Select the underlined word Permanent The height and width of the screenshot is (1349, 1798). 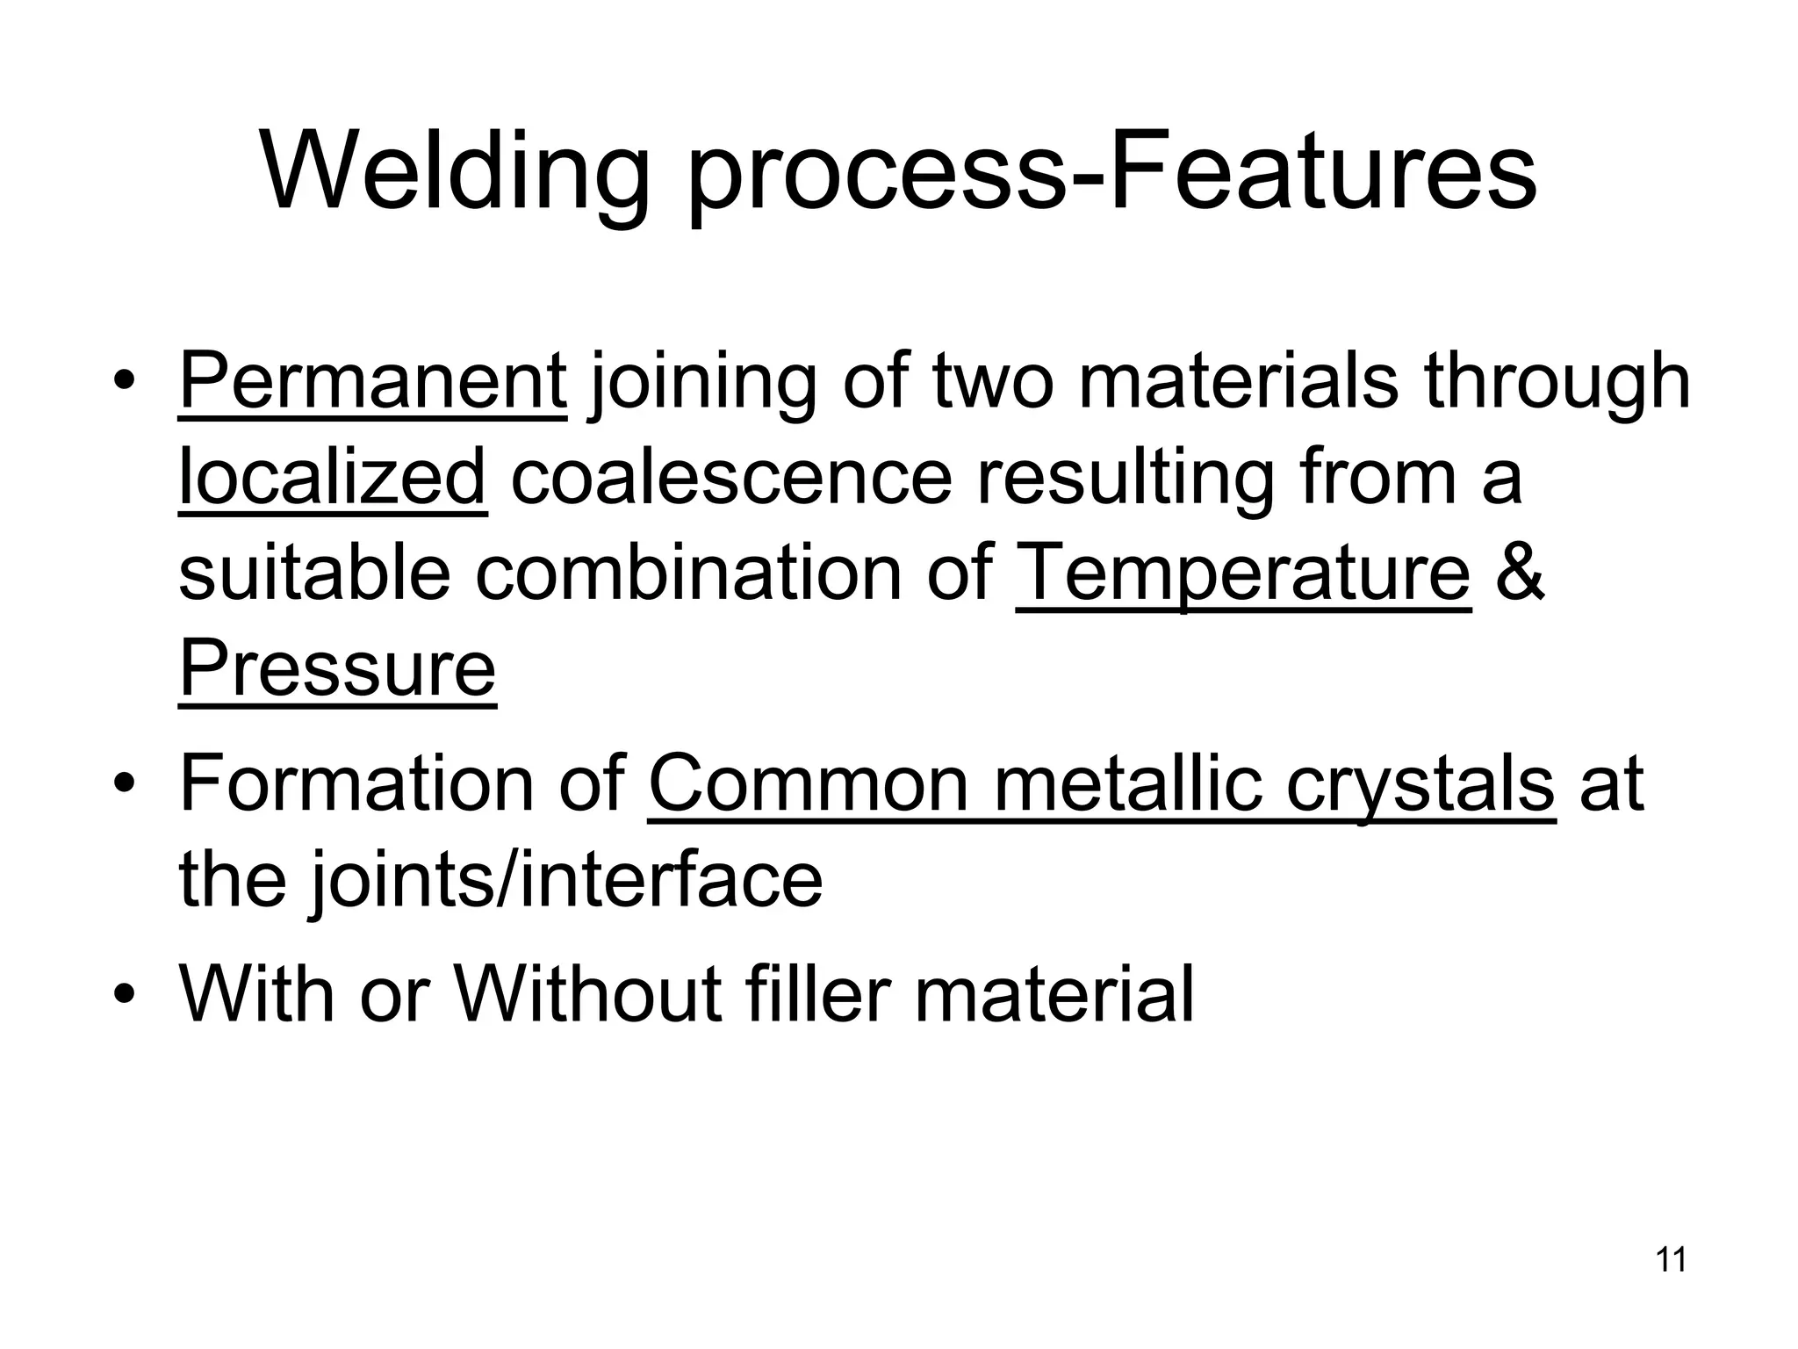click(x=373, y=383)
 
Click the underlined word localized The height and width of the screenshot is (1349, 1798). click(x=333, y=479)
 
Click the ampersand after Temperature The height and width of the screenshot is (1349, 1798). click(x=1519, y=573)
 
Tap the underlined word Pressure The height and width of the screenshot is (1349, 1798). click(x=337, y=669)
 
